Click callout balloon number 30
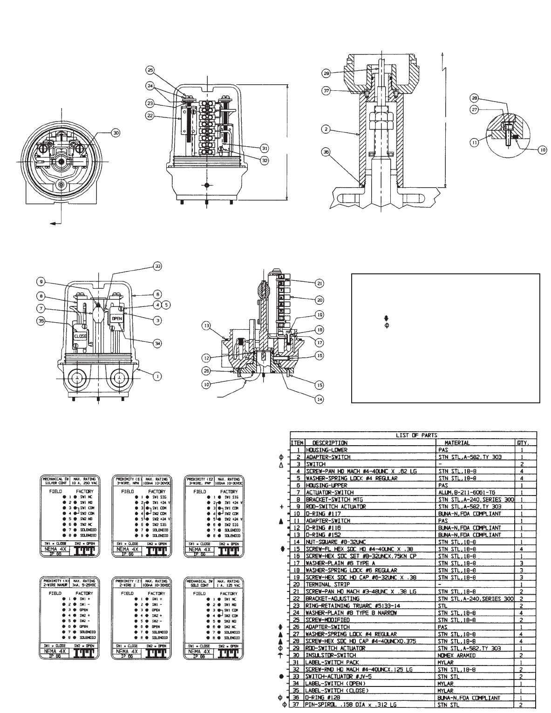point(116,133)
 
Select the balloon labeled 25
point(150,70)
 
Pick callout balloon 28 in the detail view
point(474,99)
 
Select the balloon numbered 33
point(159,266)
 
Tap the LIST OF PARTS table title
point(413,435)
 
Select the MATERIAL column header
point(457,443)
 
